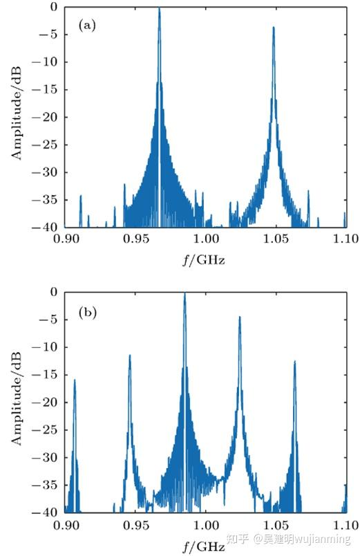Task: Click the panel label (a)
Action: click(x=88, y=26)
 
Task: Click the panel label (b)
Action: click(x=88, y=313)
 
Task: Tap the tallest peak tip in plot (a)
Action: click(x=159, y=9)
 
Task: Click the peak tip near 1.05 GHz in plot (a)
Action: click(x=274, y=28)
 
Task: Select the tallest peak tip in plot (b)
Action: click(x=184, y=294)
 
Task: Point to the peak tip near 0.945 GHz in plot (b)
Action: click(x=129, y=355)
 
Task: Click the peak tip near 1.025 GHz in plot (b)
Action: click(x=240, y=317)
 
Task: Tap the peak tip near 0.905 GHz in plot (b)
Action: click(x=75, y=380)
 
